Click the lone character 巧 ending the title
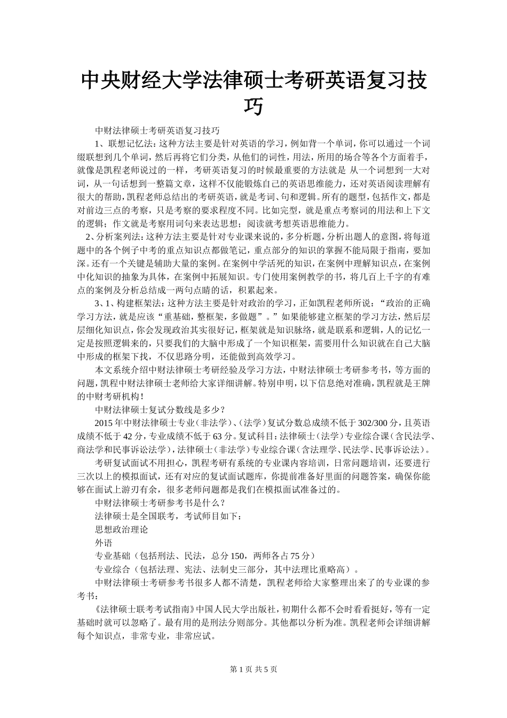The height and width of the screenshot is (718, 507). click(253, 107)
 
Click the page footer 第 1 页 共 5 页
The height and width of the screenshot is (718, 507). click(253, 669)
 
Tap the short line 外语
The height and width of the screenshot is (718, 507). click(104, 542)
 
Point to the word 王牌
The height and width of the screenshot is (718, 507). click(421, 383)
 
